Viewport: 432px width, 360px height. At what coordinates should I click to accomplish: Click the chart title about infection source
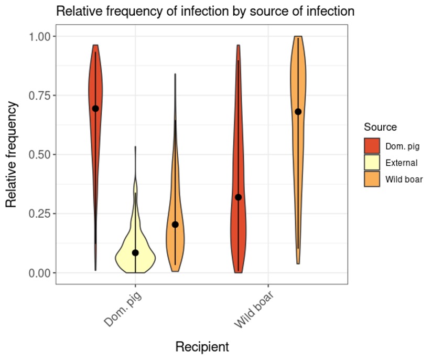205,11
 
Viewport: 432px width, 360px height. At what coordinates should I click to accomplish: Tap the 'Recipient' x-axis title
202,347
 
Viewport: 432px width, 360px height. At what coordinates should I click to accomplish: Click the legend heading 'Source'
380,127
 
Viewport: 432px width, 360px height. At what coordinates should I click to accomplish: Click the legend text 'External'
402,163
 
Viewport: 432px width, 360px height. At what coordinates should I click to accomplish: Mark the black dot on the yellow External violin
135,253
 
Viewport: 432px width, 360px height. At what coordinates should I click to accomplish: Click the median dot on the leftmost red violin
95,109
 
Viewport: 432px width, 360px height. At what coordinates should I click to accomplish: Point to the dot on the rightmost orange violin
298,111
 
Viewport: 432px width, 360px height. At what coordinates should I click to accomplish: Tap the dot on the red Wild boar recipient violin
239,197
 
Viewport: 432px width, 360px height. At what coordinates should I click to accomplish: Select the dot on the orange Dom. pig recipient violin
175,225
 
